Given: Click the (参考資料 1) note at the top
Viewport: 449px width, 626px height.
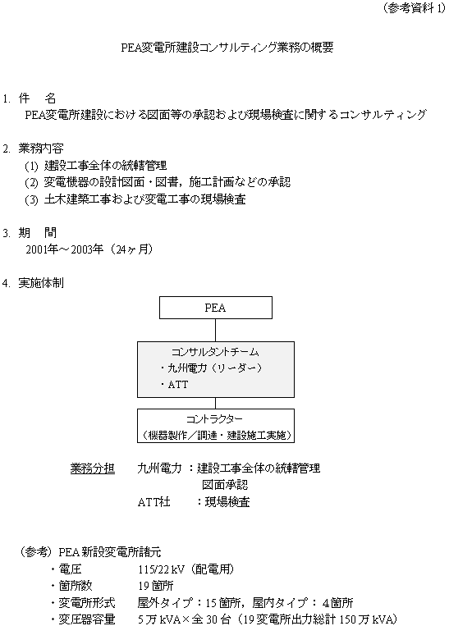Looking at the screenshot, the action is (x=414, y=8).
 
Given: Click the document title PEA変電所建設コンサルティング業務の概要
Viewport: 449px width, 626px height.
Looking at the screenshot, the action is (x=227, y=48).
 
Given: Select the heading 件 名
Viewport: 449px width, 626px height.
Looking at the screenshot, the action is (x=37, y=98).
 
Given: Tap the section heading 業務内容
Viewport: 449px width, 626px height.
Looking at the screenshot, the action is (x=41, y=149).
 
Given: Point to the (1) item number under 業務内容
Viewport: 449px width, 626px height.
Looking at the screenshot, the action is (x=31, y=166).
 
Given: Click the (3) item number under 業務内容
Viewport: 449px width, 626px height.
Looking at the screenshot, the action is (x=31, y=199).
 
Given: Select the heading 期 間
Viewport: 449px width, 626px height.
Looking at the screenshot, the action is (x=38, y=232).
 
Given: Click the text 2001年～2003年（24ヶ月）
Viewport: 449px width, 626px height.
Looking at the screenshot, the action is (x=89, y=249).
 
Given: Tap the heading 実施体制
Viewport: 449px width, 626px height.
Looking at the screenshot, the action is (x=41, y=283).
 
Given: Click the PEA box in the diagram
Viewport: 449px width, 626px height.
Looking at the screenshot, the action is (x=216, y=308).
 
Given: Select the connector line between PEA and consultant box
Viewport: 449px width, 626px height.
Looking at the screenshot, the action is (x=216, y=330).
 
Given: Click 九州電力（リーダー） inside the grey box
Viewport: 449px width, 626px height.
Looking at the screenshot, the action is (x=215, y=368).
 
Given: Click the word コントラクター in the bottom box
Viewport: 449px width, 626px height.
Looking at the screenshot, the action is (x=214, y=418).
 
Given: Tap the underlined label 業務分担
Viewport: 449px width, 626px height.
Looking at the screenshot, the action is (x=93, y=468).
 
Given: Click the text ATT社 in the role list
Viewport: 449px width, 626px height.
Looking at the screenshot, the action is (x=153, y=502).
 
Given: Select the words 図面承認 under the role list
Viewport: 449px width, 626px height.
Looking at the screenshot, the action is (x=225, y=485).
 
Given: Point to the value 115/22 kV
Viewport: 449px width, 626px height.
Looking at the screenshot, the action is (x=162, y=569).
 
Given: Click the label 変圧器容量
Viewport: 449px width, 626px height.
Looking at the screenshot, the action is (x=87, y=619).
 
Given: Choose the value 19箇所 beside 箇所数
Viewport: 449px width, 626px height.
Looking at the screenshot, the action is (x=156, y=586).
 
